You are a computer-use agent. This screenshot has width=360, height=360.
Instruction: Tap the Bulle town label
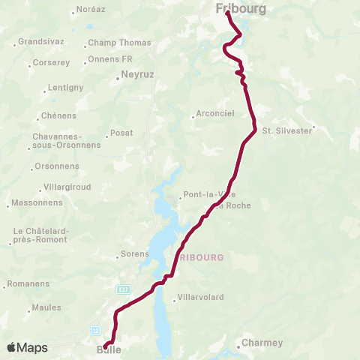click(109, 349)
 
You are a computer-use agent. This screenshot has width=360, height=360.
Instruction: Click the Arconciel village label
click(214, 114)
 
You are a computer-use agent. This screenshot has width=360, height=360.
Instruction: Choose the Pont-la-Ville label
click(202, 196)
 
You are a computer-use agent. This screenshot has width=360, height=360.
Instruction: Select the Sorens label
click(134, 254)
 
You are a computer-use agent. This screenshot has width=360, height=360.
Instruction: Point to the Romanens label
click(28, 284)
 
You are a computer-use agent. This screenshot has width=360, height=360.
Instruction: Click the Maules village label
click(46, 308)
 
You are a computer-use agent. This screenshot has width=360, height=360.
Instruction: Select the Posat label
click(121, 133)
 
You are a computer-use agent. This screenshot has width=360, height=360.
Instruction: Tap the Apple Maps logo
click(27, 348)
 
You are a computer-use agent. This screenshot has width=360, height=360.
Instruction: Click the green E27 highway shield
click(124, 289)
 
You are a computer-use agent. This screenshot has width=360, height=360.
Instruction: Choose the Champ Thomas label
click(119, 43)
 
